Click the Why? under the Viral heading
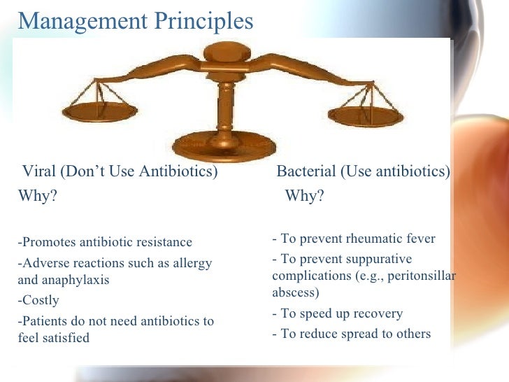point(37,196)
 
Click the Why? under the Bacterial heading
point(304,196)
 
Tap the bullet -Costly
point(38,301)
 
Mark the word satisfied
point(64,338)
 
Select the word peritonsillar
point(421,276)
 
